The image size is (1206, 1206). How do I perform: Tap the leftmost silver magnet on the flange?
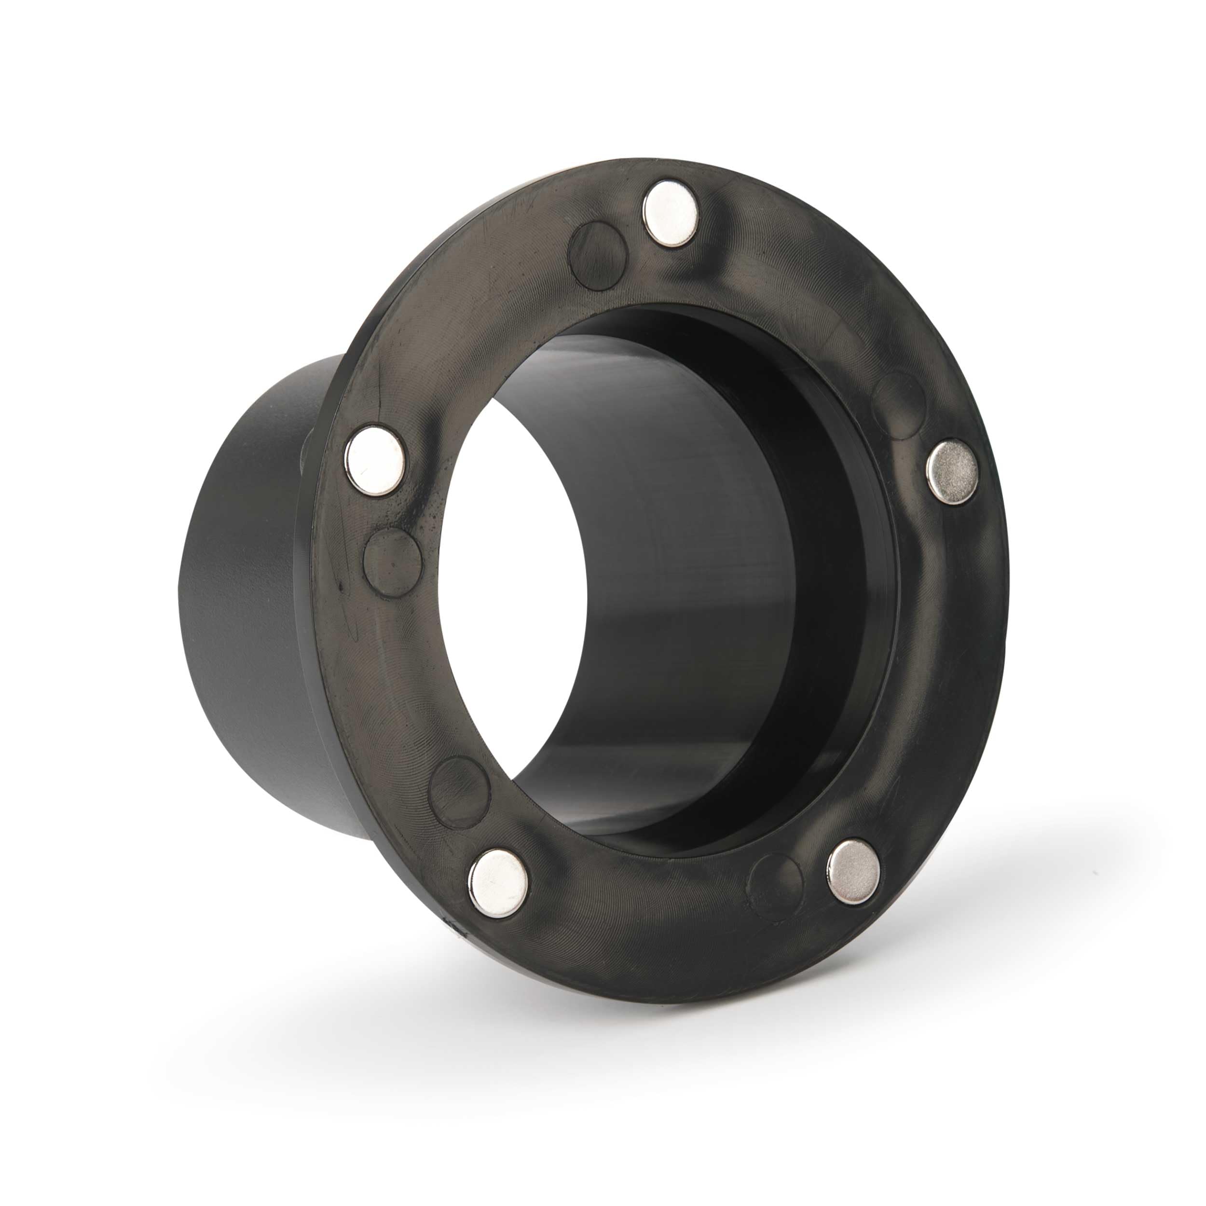[374, 461]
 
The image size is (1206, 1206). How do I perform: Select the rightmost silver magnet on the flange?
[951, 471]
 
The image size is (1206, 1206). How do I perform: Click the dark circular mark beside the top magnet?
[597, 256]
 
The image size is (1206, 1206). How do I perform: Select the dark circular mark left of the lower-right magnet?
[775, 887]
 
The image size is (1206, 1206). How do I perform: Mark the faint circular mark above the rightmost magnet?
[898, 406]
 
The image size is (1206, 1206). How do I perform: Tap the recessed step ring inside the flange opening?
[849, 562]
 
